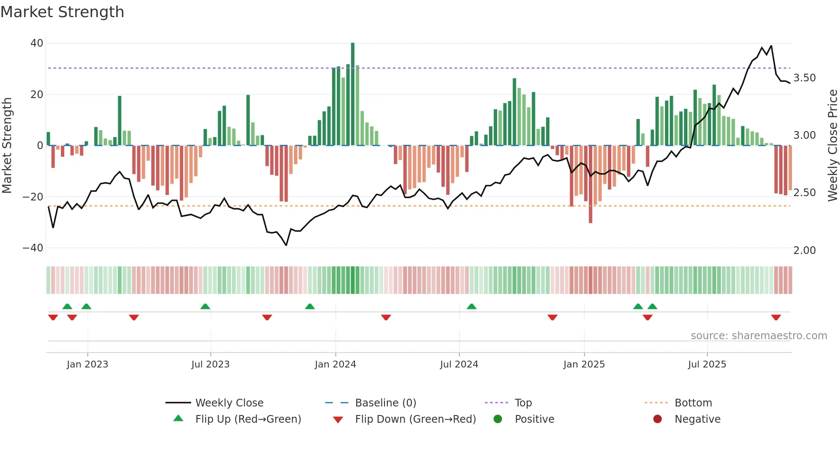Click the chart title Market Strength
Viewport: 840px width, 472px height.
(62, 12)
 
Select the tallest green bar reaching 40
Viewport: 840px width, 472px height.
(353, 94)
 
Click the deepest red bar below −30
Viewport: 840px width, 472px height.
(591, 184)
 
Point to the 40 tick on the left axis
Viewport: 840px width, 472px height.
(37, 43)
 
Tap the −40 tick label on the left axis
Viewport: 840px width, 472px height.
(33, 248)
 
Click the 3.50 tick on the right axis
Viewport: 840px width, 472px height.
(804, 78)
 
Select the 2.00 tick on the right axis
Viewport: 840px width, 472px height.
(804, 251)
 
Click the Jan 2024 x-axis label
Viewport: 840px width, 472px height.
(335, 364)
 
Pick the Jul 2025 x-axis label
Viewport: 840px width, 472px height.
(707, 364)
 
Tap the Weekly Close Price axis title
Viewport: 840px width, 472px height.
(832, 146)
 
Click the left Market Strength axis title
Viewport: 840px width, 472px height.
(7, 146)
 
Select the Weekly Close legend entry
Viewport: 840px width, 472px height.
(229, 403)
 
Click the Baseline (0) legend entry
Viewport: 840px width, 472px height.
(385, 403)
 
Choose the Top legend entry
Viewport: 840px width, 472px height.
(523, 403)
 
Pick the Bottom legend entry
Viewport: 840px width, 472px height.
(693, 403)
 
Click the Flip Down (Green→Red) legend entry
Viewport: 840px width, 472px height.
(415, 419)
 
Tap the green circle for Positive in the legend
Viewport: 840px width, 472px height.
(498, 419)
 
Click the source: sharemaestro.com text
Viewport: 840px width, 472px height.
(759, 336)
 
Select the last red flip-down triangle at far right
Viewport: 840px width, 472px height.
(776, 317)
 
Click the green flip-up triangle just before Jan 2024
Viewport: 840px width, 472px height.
(310, 306)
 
